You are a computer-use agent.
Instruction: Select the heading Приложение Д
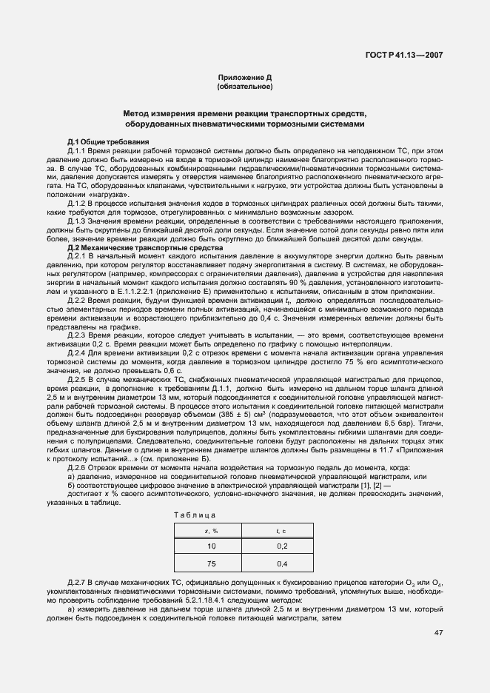(x=245, y=78)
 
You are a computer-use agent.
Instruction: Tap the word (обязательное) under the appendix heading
(x=245, y=87)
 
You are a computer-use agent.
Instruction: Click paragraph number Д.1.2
(x=78, y=202)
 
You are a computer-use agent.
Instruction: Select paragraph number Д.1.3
(x=78, y=221)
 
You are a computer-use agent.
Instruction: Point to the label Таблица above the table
(x=195, y=514)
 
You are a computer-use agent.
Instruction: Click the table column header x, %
(x=211, y=531)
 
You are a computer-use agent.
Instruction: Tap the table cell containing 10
(x=211, y=546)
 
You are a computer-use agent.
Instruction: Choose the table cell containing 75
(x=211, y=564)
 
